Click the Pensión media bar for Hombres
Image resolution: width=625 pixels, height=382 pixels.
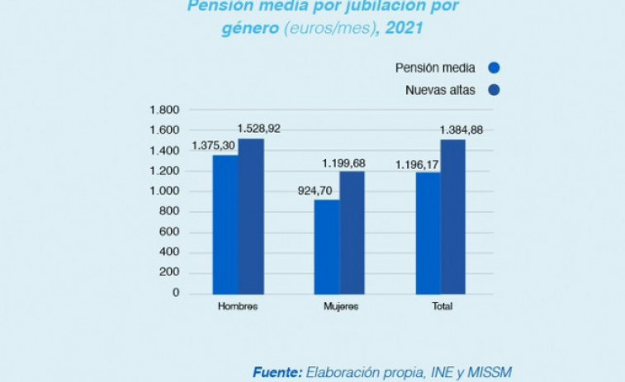225,224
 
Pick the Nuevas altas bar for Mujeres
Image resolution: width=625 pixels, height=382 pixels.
352,232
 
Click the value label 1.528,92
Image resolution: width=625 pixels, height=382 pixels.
259,129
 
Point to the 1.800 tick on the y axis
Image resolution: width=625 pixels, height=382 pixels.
164,111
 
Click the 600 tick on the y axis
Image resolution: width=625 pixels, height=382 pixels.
168,232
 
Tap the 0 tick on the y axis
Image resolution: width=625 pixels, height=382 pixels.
175,293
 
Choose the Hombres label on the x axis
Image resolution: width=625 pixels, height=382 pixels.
238,307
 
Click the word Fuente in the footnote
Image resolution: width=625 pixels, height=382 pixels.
277,372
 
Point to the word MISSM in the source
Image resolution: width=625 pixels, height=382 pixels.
487,372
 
